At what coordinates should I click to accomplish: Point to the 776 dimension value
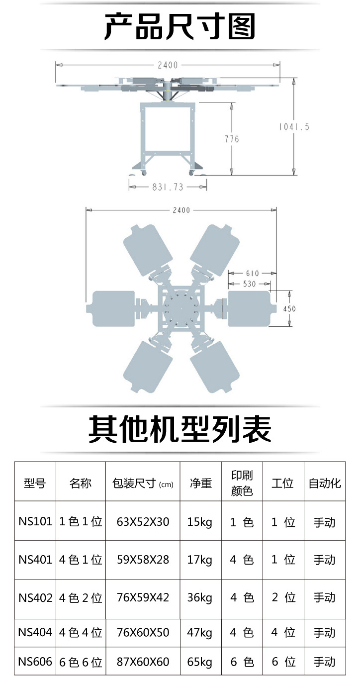point(232,139)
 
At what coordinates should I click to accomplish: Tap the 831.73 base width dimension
point(168,187)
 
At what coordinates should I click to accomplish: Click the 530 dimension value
point(249,284)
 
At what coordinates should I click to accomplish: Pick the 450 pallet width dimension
point(289,309)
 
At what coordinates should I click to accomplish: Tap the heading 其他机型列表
point(180,429)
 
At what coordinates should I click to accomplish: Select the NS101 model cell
point(35,522)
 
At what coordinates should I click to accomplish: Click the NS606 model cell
point(35,662)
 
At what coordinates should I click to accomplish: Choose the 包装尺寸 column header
point(143,483)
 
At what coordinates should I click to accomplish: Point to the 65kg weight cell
point(200,662)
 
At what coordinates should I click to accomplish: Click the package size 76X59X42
point(143,597)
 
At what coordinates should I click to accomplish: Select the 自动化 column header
point(325,483)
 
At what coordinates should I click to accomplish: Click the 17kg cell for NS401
point(200,560)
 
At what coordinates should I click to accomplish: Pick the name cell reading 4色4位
point(81,633)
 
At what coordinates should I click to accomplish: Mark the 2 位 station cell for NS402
point(283,597)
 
